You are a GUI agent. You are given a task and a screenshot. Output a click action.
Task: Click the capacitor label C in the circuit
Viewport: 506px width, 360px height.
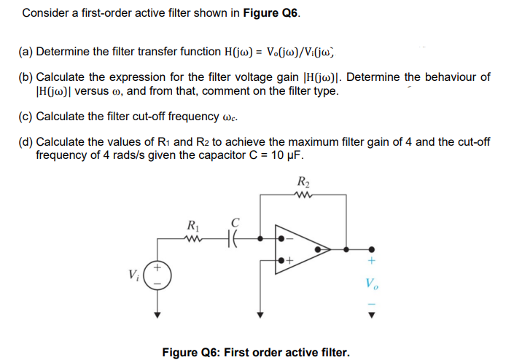[x=235, y=222]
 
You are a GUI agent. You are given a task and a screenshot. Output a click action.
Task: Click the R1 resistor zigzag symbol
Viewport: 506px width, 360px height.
[x=193, y=236]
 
